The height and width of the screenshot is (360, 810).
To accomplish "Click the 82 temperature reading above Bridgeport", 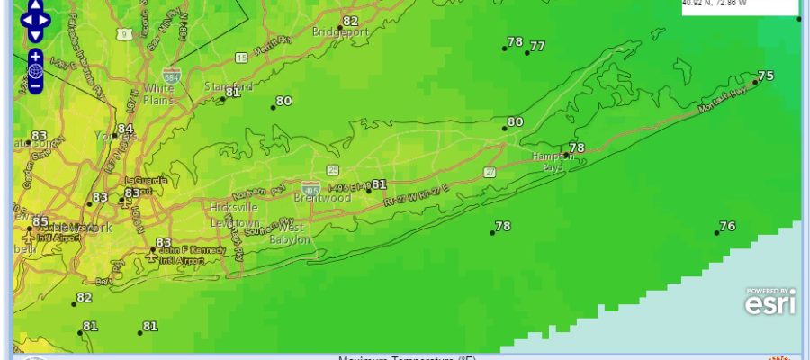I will click(x=350, y=21).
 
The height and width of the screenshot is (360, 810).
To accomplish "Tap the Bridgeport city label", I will click(x=340, y=32).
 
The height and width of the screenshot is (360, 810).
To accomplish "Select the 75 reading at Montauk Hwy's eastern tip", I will click(x=766, y=76).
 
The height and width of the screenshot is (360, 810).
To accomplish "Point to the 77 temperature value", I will click(x=537, y=46).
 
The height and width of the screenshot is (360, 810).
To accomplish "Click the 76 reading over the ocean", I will click(x=727, y=226).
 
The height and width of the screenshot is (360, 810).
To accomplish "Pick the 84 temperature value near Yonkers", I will click(x=125, y=130).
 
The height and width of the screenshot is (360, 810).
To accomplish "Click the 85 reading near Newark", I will click(x=40, y=221).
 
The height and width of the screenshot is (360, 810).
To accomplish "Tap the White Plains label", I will click(x=158, y=94).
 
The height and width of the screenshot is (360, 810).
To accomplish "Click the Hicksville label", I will click(x=229, y=208).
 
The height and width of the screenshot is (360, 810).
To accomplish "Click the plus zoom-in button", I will click(x=35, y=56).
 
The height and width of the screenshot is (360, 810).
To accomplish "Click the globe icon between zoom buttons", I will click(x=35, y=71).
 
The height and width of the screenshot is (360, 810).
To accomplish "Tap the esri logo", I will click(x=769, y=304).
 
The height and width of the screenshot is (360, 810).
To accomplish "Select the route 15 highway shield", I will click(x=241, y=58).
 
